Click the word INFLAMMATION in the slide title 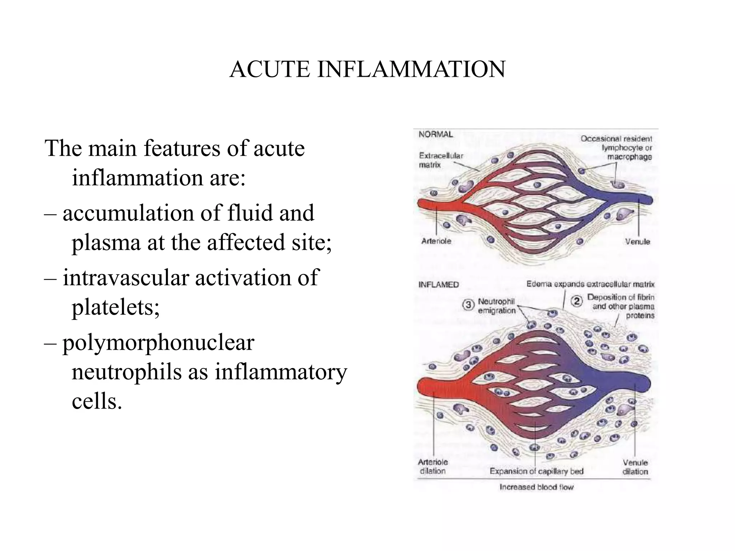[411, 69]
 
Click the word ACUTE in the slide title [270, 69]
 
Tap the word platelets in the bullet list [116, 308]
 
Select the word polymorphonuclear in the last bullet [158, 343]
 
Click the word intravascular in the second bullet [126, 278]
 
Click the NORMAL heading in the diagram [436, 135]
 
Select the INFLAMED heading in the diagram [439, 285]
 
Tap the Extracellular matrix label [441, 160]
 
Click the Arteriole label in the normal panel [436, 241]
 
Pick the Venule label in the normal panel [637, 242]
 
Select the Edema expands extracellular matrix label [590, 284]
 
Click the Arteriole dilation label [433, 467]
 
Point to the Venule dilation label [635, 467]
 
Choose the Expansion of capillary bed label [537, 471]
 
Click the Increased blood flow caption [537, 487]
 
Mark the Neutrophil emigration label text [496, 306]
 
